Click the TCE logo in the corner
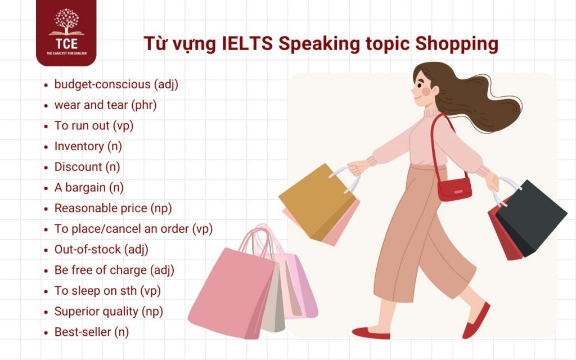[66, 33]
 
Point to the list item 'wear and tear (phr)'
[105, 105]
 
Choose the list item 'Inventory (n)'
[88, 146]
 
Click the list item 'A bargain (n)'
[89, 188]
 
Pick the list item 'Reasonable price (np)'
[113, 208]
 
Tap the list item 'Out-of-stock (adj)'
[101, 249]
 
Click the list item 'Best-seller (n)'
[92, 332]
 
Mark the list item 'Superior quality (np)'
[111, 311]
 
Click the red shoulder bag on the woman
[454, 187]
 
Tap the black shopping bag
[532, 217]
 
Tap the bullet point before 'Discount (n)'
[46, 168]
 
